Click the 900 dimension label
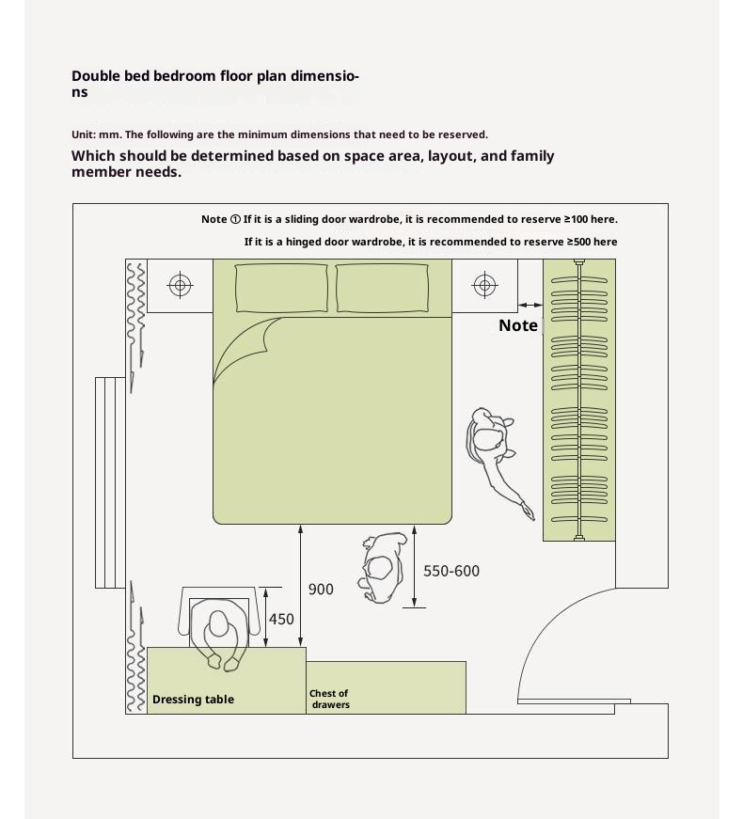tap(321, 590)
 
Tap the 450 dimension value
tap(281, 620)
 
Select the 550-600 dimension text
tap(451, 571)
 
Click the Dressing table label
tap(193, 700)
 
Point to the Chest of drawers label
tap(329, 699)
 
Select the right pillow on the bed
tap(383, 287)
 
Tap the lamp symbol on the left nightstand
tap(180, 285)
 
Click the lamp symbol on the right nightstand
tap(484, 285)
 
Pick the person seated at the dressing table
tap(219, 631)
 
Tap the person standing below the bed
tap(383, 567)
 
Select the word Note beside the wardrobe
tap(517, 325)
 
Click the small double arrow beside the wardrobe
tap(530, 305)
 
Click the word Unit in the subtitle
tap(83, 134)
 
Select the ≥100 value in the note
tap(577, 219)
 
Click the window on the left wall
tap(109, 482)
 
